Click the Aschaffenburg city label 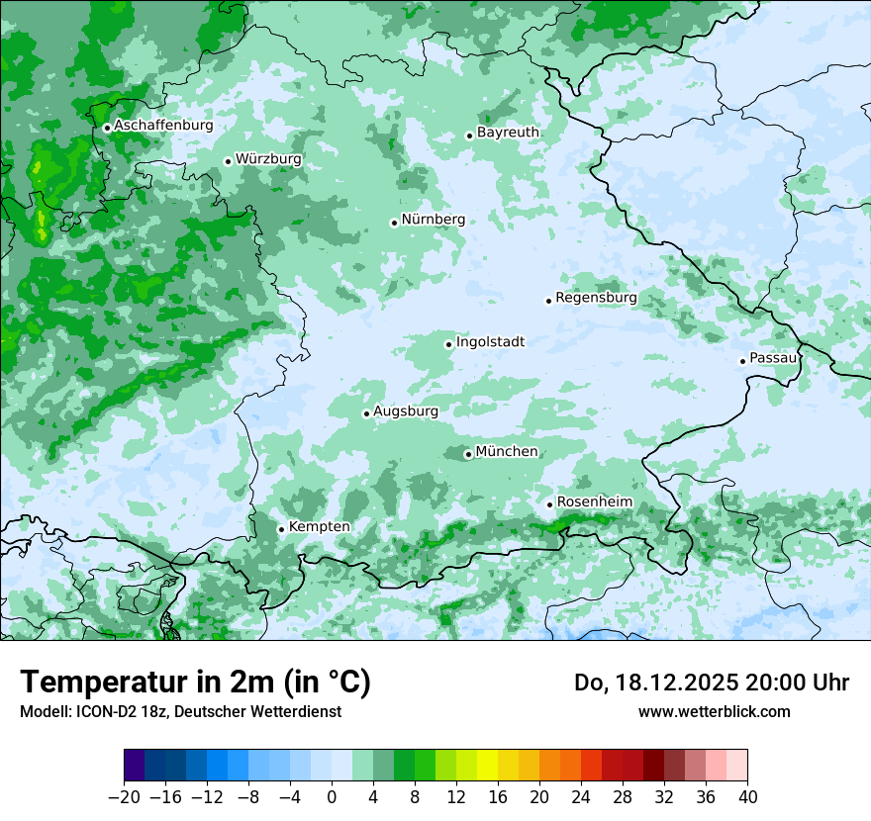tap(163, 126)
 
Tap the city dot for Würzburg tap(228, 161)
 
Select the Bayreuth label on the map tap(508, 133)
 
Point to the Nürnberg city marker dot tap(394, 223)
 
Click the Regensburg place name tap(596, 298)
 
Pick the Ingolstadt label tap(490, 342)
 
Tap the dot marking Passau tap(742, 361)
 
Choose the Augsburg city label tap(405, 410)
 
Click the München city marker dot tap(468, 455)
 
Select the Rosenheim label tap(594, 502)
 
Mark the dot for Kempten tap(281, 529)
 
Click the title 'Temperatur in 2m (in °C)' tap(195, 683)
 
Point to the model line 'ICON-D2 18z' tap(180, 712)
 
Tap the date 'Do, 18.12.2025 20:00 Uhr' tap(712, 683)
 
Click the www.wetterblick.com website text tap(714, 712)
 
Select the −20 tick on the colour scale tap(124, 797)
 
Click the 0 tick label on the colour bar tap(332, 797)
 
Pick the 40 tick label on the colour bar tap(747, 797)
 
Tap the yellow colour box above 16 tap(487, 766)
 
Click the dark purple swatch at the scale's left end tap(135, 766)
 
